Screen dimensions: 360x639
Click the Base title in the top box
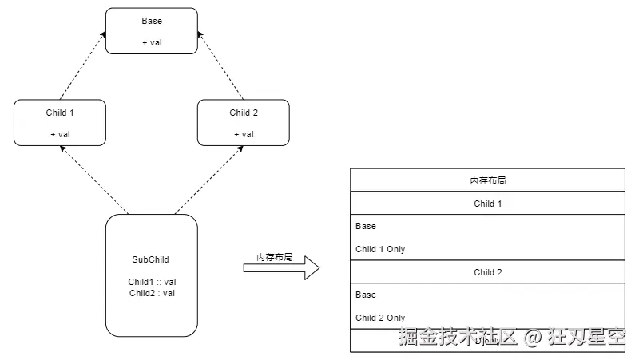(x=151, y=21)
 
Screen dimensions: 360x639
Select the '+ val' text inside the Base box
(x=151, y=42)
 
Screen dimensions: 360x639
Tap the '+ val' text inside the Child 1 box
(x=60, y=134)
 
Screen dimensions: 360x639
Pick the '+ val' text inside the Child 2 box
(x=243, y=134)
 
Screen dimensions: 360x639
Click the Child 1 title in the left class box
(x=60, y=113)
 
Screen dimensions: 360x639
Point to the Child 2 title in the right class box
(x=243, y=113)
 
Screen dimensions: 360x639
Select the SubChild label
(x=151, y=259)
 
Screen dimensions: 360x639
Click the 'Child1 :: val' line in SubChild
(x=151, y=282)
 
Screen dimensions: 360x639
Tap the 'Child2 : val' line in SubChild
(x=151, y=293)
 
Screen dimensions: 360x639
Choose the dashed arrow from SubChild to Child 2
(x=209, y=180)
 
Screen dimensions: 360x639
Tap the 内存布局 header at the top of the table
(x=487, y=180)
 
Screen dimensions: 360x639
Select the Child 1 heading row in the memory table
(x=487, y=204)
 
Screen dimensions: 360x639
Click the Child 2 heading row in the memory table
(x=487, y=272)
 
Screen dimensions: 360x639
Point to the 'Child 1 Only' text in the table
(x=380, y=249)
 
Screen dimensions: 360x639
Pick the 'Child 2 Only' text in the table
(x=380, y=318)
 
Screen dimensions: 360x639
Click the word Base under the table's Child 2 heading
(x=366, y=295)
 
